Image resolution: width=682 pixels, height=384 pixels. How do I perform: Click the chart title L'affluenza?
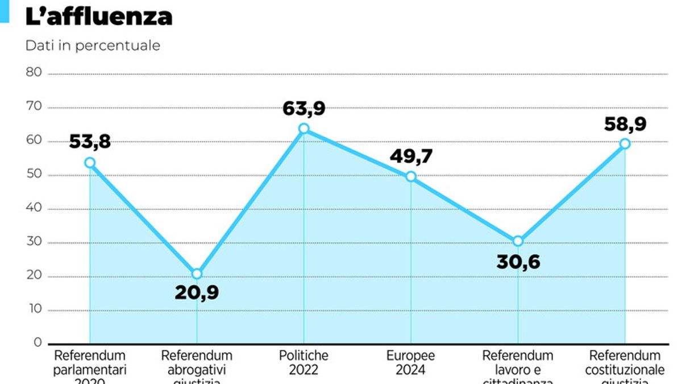[x=99, y=16]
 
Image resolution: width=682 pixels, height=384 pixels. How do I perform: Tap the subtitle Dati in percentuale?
[x=93, y=46]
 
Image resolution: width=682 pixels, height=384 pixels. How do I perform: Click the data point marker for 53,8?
[x=90, y=163]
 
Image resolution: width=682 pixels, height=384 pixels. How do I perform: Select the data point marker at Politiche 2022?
[x=304, y=129]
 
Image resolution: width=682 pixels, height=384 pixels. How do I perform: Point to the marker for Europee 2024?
[x=411, y=176]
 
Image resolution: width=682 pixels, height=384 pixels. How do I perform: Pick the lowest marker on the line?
[x=197, y=274]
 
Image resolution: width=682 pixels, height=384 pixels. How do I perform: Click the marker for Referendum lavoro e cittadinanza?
[x=518, y=241]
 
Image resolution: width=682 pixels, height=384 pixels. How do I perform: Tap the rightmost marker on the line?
[x=625, y=143]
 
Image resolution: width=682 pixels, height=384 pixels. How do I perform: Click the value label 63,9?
[x=304, y=108]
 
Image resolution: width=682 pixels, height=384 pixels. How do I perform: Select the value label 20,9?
[x=197, y=293]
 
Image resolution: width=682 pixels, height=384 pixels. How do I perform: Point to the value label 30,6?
[x=518, y=261]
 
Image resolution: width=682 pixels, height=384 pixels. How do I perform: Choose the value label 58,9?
[x=625, y=123]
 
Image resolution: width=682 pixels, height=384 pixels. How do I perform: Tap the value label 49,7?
[x=411, y=156]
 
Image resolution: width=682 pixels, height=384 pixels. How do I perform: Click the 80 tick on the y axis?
[x=34, y=72]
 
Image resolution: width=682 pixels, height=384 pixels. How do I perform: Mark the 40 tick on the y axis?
[x=34, y=208]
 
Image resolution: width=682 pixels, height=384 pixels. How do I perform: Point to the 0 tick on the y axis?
[x=37, y=342]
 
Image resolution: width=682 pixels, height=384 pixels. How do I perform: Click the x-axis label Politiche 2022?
[x=303, y=362]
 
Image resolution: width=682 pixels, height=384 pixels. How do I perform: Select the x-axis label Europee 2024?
[x=411, y=362]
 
